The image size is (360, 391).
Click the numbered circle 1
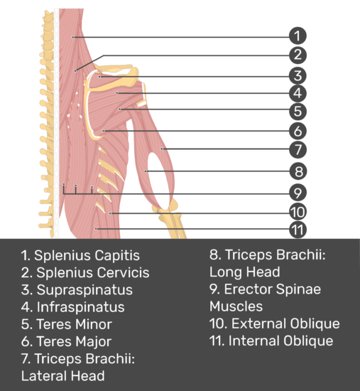pos(298,36)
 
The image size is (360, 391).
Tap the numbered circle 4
pos(298,93)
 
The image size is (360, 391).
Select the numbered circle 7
pos(298,149)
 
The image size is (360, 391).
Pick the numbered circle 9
pos(298,193)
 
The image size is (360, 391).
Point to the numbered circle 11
pos(298,230)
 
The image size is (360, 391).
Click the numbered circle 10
pos(298,212)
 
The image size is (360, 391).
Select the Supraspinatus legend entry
pos(77,290)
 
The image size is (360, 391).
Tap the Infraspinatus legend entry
pos(72,307)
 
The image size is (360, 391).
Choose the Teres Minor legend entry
pos(67,324)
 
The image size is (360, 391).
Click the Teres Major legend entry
pos(66,342)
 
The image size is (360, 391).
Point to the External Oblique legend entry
pos(275,323)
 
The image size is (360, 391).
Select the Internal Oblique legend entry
pos(271,341)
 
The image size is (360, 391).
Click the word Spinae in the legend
pos(298,289)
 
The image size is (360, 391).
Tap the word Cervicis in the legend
pos(118,272)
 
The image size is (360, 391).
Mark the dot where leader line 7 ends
pos(162,149)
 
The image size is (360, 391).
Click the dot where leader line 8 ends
pos(146,171)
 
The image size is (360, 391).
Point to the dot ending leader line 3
pos(99,77)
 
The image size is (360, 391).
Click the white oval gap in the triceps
pos(159,180)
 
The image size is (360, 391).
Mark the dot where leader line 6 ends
pos(104,131)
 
